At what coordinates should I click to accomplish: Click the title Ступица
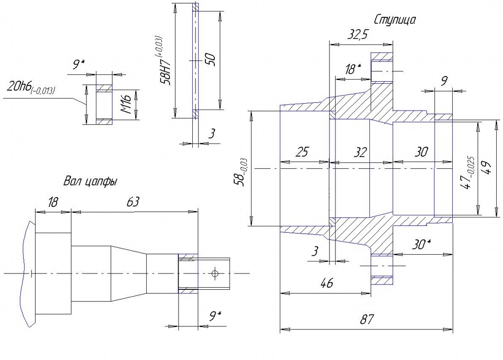click(395, 20)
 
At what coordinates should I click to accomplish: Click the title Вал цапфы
click(90, 182)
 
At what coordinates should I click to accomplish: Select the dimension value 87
click(367, 319)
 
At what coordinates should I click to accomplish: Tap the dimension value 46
click(326, 283)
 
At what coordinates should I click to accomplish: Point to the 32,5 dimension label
click(357, 35)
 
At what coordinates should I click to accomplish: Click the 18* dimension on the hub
click(353, 69)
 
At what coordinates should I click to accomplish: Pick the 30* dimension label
click(421, 245)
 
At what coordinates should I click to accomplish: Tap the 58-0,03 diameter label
click(241, 172)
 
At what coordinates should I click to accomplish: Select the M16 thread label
click(127, 104)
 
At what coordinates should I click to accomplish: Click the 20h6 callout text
click(30, 88)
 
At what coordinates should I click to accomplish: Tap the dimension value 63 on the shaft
click(133, 202)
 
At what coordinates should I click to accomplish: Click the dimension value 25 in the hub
click(302, 152)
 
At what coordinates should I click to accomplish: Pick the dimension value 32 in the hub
click(360, 152)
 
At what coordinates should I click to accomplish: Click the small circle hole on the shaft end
click(215, 274)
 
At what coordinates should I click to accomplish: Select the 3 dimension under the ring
click(211, 134)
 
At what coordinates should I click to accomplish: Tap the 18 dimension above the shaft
click(53, 202)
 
